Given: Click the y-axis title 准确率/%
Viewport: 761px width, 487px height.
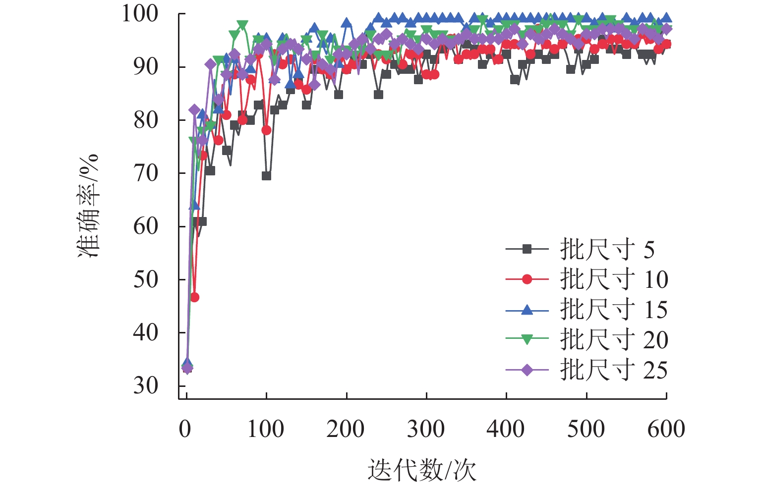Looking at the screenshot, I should pyautogui.click(x=89, y=206).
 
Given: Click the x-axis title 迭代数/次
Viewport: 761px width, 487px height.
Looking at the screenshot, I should pyautogui.click(x=421, y=470).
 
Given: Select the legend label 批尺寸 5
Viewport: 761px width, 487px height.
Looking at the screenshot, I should pyautogui.click(x=607, y=249).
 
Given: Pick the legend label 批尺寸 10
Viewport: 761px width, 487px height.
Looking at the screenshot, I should pyautogui.click(x=614, y=279).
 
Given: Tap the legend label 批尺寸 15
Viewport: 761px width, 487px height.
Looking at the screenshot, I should pyautogui.click(x=614, y=310).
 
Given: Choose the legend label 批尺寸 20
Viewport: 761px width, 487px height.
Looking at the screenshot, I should pyautogui.click(x=614, y=340).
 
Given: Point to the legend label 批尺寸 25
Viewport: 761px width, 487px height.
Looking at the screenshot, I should pyautogui.click(x=614, y=370).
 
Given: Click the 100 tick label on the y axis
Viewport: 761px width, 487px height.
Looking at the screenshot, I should pyautogui.click(x=140, y=14).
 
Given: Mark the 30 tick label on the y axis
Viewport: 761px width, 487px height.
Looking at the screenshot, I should pyautogui.click(x=146, y=385).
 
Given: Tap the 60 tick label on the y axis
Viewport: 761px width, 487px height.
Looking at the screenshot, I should pyautogui.click(x=146, y=226).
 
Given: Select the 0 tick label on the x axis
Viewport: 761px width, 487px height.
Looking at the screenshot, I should pyautogui.click(x=185, y=429).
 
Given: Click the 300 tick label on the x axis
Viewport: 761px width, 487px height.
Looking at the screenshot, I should pyautogui.click(x=426, y=429).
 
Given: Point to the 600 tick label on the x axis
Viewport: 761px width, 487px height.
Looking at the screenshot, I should pyautogui.click(x=666, y=429).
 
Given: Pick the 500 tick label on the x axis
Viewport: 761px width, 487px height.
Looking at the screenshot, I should pyautogui.click(x=586, y=429).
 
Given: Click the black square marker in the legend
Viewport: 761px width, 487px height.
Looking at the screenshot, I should pyautogui.click(x=527, y=249).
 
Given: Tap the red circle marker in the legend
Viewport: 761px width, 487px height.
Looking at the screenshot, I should pyautogui.click(x=527, y=279).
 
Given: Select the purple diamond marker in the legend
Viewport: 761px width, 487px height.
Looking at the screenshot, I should pyautogui.click(x=527, y=370).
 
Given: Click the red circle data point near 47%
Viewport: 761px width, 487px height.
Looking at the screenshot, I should pyautogui.click(x=194, y=297).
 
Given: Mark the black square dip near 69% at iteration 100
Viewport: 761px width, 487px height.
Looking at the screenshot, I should pyautogui.click(x=266, y=176).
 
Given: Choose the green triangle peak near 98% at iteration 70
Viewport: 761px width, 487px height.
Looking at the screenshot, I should pyautogui.click(x=242, y=25).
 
